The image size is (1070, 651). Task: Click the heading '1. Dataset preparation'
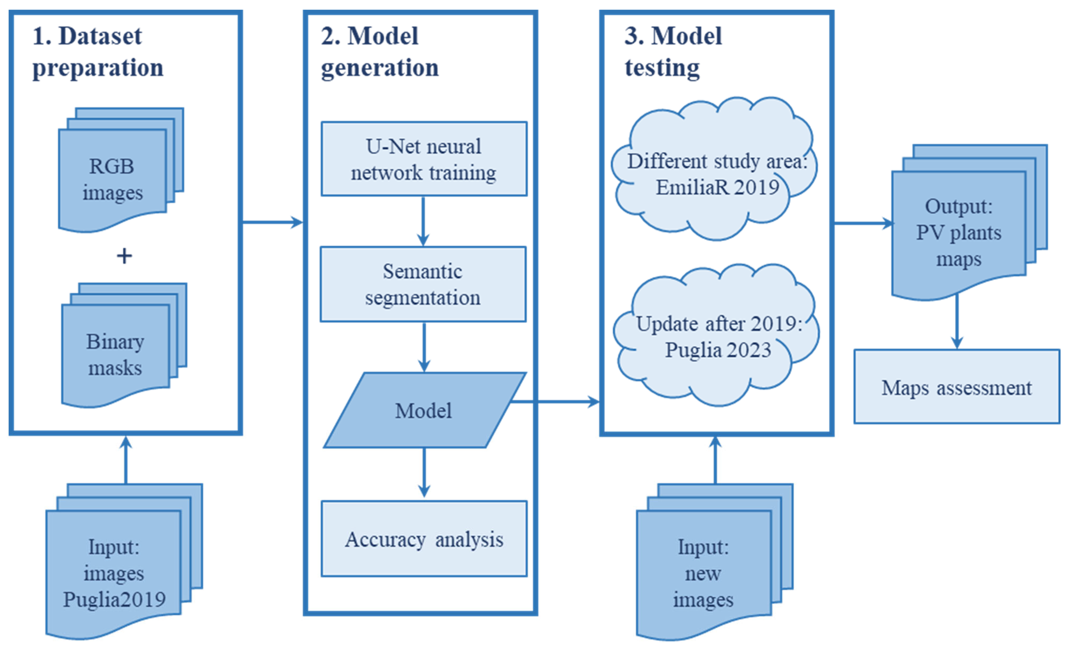98,52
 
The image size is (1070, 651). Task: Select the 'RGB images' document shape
112,179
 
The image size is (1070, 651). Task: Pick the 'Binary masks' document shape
115,354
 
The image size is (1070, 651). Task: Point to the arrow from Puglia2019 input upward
126,460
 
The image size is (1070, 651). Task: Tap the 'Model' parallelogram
423,410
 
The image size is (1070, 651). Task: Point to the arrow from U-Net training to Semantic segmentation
423,221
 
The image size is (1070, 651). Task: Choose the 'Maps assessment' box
957,387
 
